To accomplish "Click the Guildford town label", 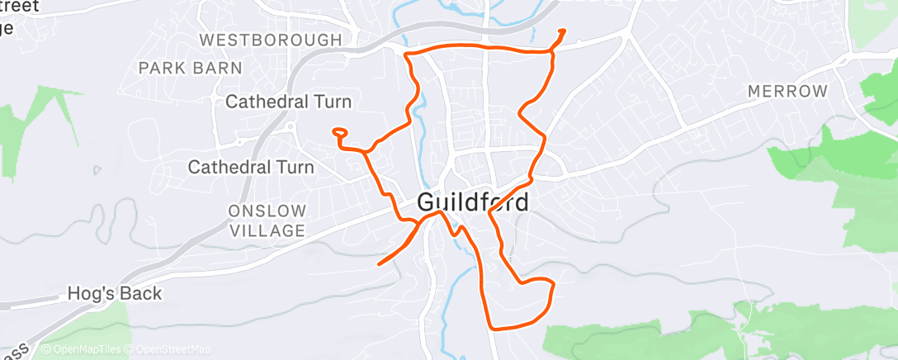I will click(472, 202).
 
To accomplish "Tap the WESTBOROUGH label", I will click(271, 40).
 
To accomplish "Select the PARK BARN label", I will click(191, 68).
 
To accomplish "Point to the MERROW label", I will click(787, 92).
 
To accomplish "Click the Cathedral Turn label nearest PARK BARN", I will click(288, 102).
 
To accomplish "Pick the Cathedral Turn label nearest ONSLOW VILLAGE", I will click(251, 168).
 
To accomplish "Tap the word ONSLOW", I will click(269, 211).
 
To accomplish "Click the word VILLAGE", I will click(268, 231).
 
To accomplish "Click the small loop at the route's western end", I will click(339, 131).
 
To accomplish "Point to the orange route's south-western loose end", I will click(379, 264).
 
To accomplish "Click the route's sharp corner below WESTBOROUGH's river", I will click(405, 54).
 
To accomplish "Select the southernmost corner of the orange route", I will click(493, 327).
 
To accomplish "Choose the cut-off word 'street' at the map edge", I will click(23, 7).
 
